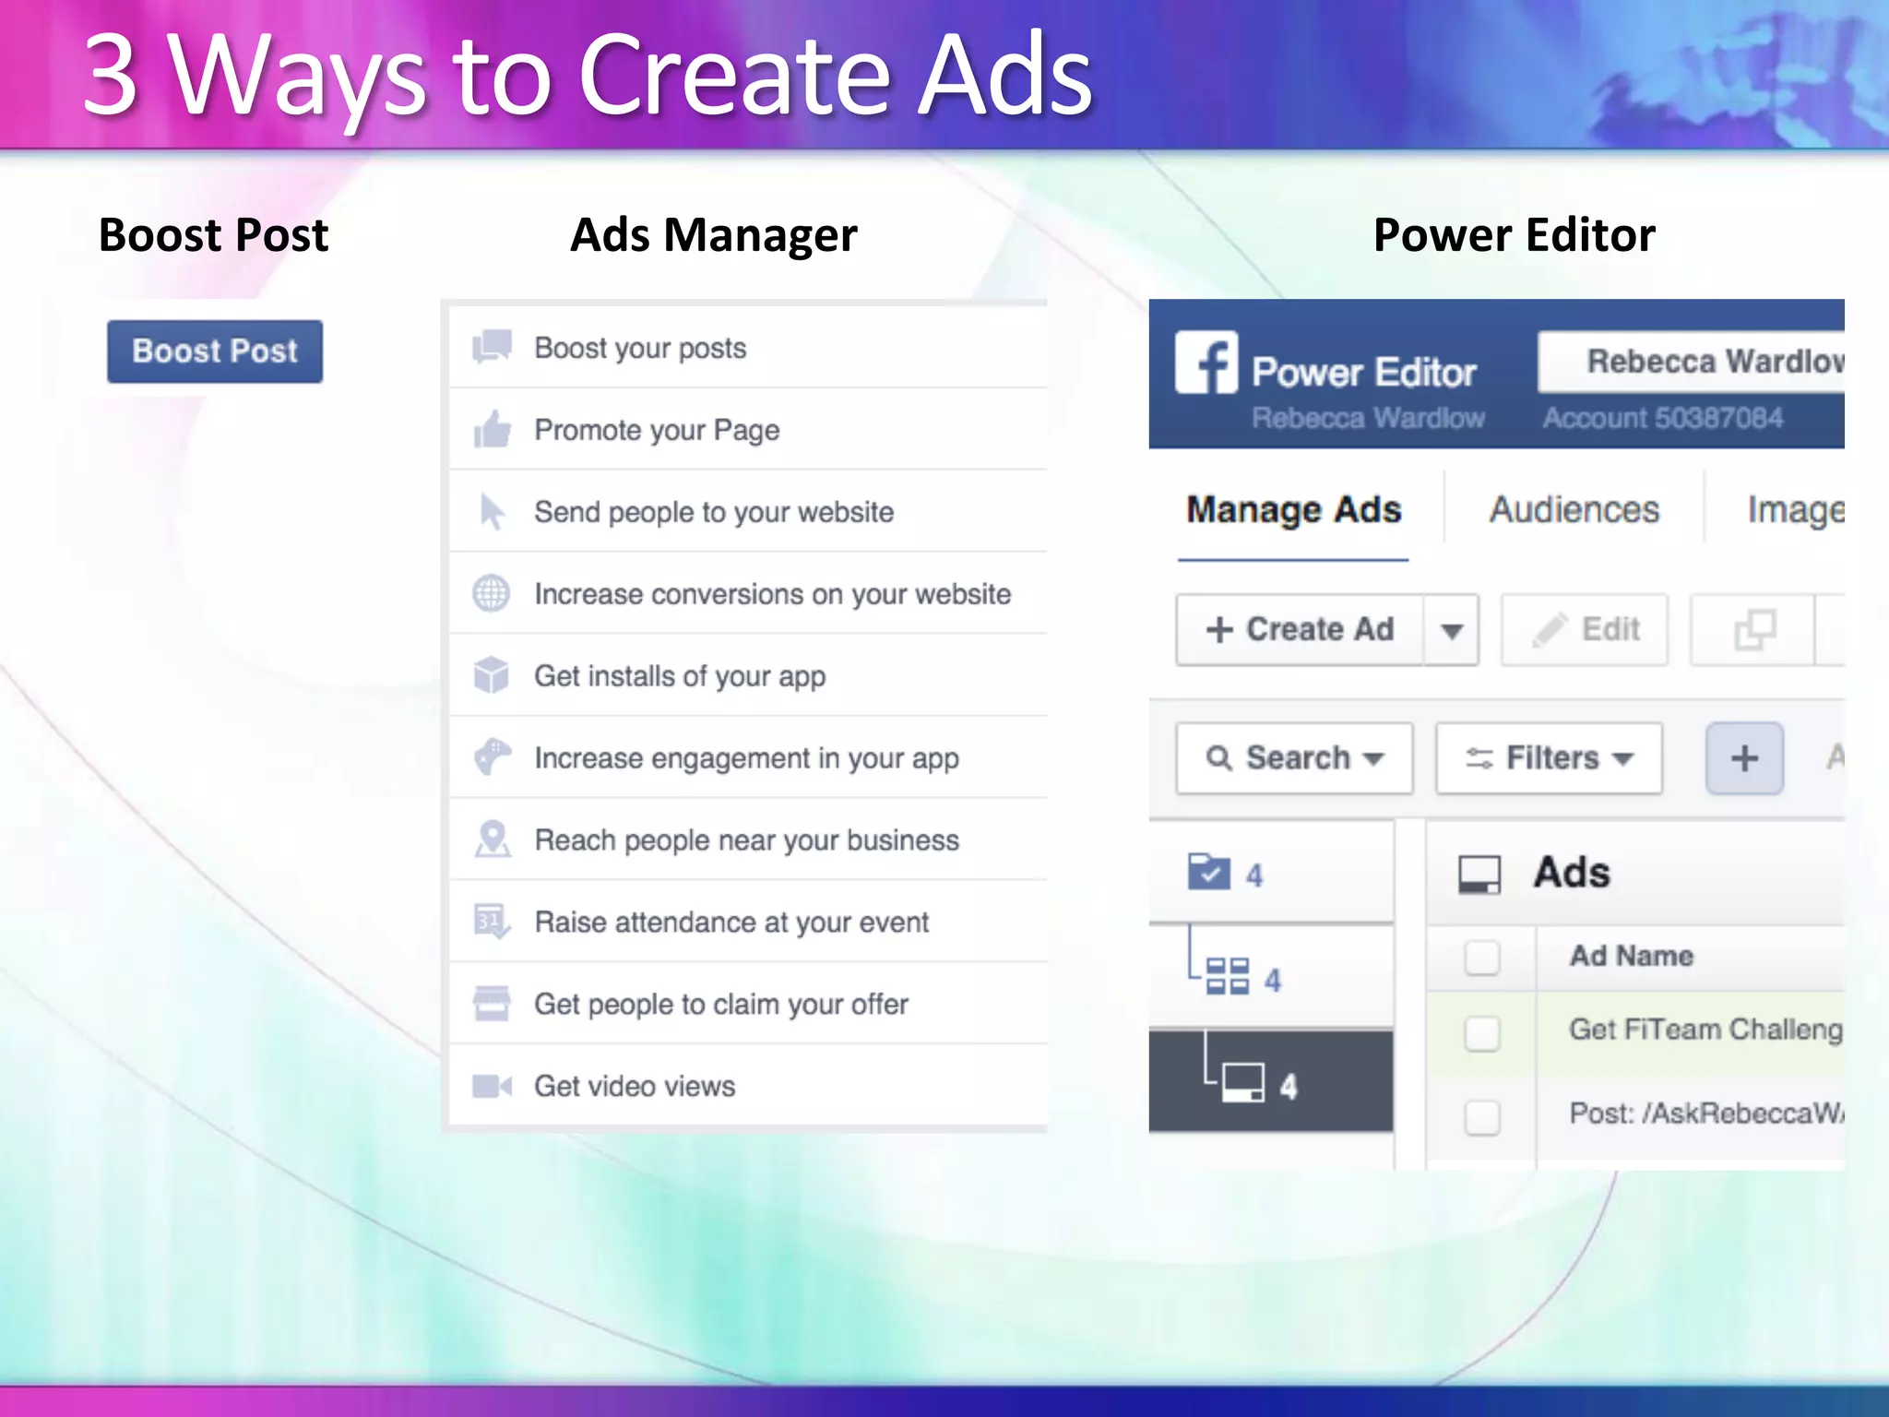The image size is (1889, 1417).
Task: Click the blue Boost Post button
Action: [215, 351]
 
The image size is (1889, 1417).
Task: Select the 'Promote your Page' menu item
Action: [657, 430]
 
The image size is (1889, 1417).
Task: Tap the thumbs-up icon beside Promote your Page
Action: [492, 430]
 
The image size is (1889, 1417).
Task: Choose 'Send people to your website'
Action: [714, 512]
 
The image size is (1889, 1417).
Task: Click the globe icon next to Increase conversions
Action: [491, 594]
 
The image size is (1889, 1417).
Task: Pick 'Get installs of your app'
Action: [680, 676]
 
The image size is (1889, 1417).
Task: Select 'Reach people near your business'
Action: [746, 840]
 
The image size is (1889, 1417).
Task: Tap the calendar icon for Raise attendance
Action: [491, 922]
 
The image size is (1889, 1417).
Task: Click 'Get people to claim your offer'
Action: [721, 1004]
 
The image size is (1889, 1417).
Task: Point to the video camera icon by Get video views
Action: [491, 1086]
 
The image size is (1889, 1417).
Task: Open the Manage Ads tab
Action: [1293, 510]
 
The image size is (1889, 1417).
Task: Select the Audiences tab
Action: [1574, 510]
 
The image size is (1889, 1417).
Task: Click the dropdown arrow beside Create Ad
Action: [1452, 631]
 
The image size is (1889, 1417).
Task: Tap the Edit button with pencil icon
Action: [1585, 630]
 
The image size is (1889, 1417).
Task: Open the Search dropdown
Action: [1294, 758]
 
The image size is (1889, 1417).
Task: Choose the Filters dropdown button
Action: [1549, 758]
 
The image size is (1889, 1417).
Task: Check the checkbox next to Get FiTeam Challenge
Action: [1482, 1033]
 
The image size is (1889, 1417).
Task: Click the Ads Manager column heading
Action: [713, 235]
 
